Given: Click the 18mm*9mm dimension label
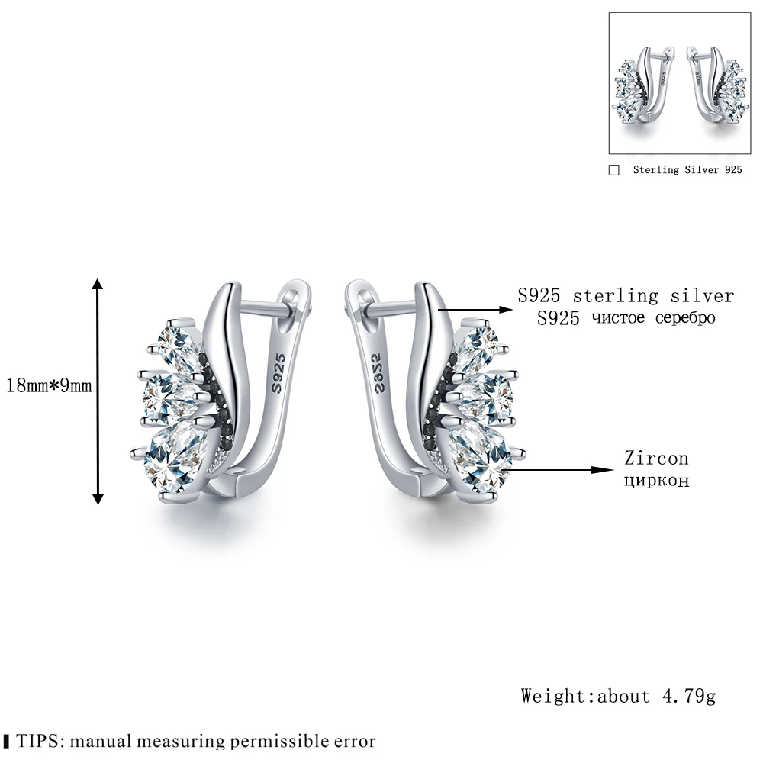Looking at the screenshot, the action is pyautogui.click(x=49, y=386).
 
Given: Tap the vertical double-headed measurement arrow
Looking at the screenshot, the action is pyautogui.click(x=98, y=390).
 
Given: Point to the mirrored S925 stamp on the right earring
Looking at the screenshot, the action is pyautogui.click(x=382, y=372).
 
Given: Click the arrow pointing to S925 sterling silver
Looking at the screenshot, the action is pyautogui.click(x=474, y=309).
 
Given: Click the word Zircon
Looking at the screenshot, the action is pyautogui.click(x=656, y=459).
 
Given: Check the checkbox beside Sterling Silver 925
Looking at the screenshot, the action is pyautogui.click(x=614, y=171).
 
